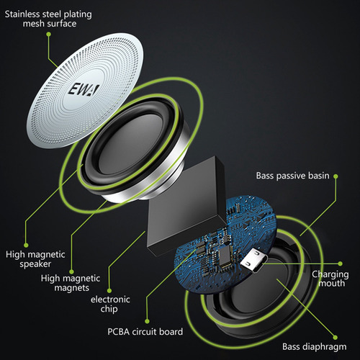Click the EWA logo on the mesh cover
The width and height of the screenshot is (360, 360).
(83, 90)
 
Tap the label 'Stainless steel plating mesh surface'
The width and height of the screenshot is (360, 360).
(48, 19)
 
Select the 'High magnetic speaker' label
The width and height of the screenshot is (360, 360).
(35, 259)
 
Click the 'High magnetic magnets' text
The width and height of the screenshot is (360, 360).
(71, 283)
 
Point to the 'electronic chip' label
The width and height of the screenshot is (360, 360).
(110, 304)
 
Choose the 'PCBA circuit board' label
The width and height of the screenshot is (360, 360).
(145, 332)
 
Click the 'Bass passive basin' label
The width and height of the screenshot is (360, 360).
(292, 176)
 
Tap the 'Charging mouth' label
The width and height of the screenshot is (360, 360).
(330, 279)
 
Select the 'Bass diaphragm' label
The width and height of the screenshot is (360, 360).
(315, 347)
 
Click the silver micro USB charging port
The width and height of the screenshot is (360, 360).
(254, 261)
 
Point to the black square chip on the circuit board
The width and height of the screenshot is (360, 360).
(225, 256)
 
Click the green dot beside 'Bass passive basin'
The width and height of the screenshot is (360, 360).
(336, 176)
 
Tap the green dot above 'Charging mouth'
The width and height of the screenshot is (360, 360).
(340, 264)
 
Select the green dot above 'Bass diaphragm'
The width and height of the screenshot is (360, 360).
(336, 338)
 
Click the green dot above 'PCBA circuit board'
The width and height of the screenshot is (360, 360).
(147, 321)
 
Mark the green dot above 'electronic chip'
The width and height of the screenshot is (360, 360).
(109, 291)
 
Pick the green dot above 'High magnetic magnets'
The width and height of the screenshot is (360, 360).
(71, 271)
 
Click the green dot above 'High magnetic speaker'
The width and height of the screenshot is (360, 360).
(26, 245)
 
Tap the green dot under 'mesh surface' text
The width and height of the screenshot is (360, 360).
(49, 35)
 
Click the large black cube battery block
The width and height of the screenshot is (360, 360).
(186, 207)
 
